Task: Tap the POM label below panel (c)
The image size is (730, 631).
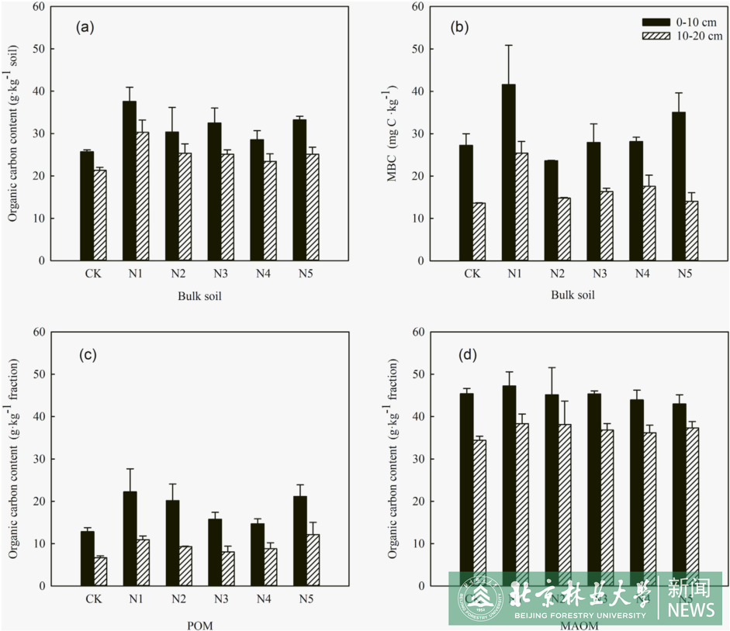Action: pyautogui.click(x=199, y=625)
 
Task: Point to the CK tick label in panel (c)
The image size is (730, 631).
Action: pyautogui.click(x=93, y=599)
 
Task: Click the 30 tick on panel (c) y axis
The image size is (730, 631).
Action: pyautogui.click(x=38, y=459)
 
